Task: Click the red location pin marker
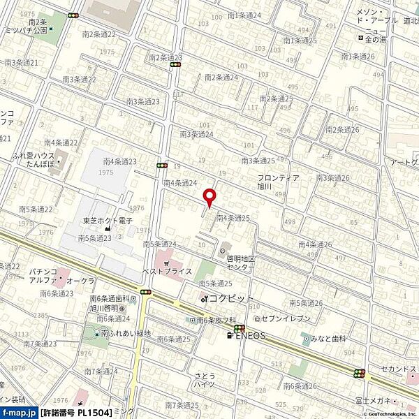click(207, 197)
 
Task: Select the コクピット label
click(231, 298)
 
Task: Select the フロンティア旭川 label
click(278, 182)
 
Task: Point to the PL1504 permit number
click(91, 413)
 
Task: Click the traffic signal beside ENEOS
click(239, 328)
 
